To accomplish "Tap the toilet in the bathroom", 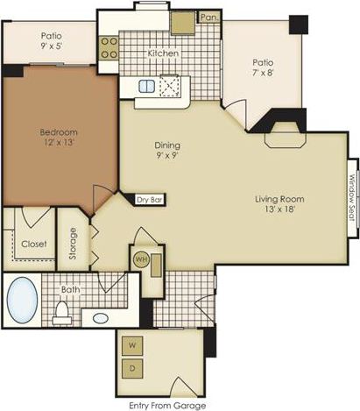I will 62,309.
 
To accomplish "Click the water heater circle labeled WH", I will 141,260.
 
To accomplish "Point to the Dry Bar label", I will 150,199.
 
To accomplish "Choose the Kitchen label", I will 163,53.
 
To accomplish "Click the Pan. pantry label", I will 208,17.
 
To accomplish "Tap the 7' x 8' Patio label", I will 265,69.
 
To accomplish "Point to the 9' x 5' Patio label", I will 51,43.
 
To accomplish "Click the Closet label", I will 33,244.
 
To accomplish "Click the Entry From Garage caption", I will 166,405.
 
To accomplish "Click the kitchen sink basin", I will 146,86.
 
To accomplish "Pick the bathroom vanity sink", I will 102,317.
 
